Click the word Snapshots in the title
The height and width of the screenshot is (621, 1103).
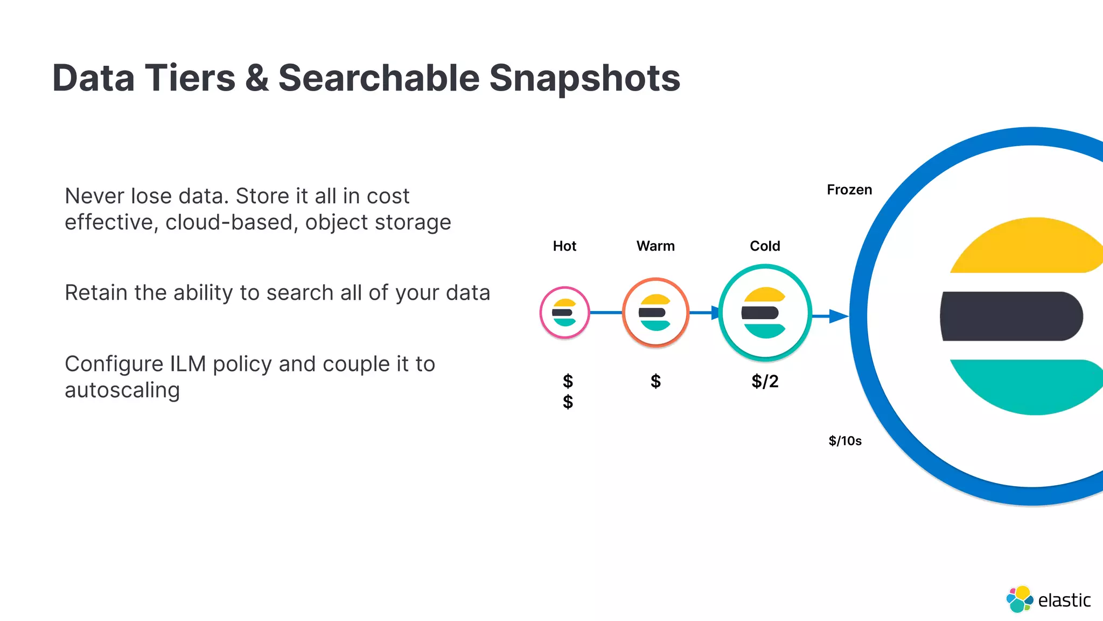[584, 79]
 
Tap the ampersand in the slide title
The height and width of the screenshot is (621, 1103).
[256, 79]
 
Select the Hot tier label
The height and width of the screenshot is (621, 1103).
[564, 246]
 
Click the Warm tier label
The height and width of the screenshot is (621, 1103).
[655, 246]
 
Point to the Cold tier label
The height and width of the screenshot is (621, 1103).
[765, 246]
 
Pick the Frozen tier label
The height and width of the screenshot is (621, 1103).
[849, 190]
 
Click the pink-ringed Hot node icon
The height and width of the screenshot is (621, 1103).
[564, 313]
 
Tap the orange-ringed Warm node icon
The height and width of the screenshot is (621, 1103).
[655, 313]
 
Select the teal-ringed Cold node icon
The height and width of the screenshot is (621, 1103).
[765, 313]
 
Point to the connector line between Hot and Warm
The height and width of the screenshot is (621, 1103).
[606, 313]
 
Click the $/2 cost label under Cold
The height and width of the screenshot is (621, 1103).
[765, 382]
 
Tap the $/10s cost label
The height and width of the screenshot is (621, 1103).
[845, 441]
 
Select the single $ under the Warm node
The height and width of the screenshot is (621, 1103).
[655, 382]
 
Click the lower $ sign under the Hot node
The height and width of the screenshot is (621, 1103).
[568, 402]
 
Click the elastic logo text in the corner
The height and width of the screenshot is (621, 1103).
[1064, 600]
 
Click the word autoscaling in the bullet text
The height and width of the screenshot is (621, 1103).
[122, 390]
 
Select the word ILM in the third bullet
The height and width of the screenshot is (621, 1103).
[188, 364]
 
